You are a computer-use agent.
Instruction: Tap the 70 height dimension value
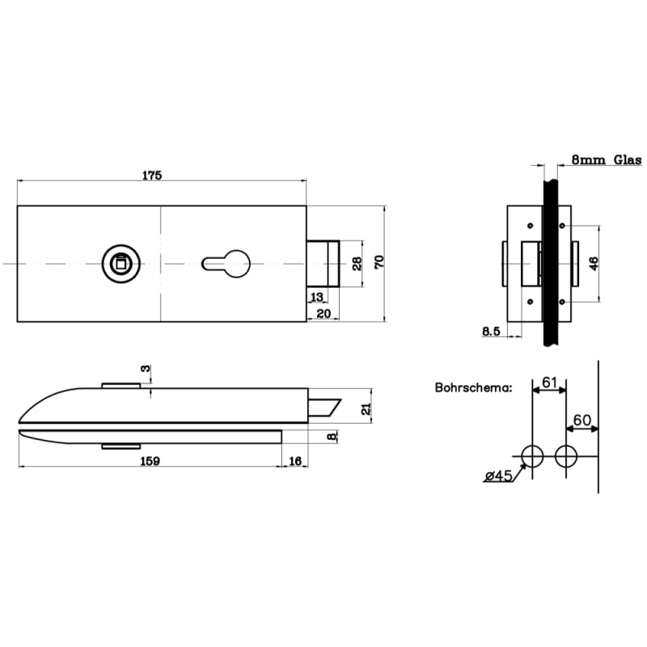click(378, 262)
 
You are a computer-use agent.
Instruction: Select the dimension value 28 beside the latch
click(355, 262)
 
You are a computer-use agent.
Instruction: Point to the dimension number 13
click(316, 298)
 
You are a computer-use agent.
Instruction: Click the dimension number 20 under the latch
click(323, 313)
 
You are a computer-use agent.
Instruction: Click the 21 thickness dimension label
click(366, 409)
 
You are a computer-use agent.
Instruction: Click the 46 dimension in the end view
click(593, 263)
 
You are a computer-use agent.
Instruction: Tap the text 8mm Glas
click(606, 160)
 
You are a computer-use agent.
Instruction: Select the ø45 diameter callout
click(499, 476)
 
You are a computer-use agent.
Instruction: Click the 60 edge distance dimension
click(582, 421)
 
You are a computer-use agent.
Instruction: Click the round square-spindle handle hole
click(119, 263)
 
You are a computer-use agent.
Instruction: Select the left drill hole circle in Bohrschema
click(532, 456)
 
